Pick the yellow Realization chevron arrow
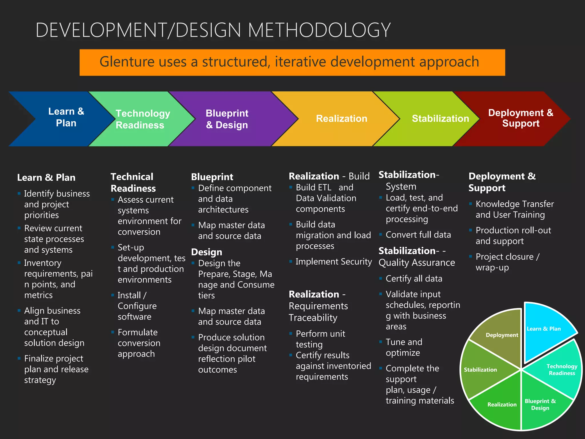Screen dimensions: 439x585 click(x=341, y=119)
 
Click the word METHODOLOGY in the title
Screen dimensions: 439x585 click(x=319, y=30)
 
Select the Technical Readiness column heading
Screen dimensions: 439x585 click(x=133, y=182)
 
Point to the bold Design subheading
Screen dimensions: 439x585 click(x=207, y=252)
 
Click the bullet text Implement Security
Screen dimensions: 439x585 click(x=334, y=262)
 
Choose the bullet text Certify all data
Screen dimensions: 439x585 click(x=414, y=279)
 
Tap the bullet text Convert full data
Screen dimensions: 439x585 click(x=418, y=235)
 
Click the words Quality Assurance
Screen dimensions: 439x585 click(x=416, y=263)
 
